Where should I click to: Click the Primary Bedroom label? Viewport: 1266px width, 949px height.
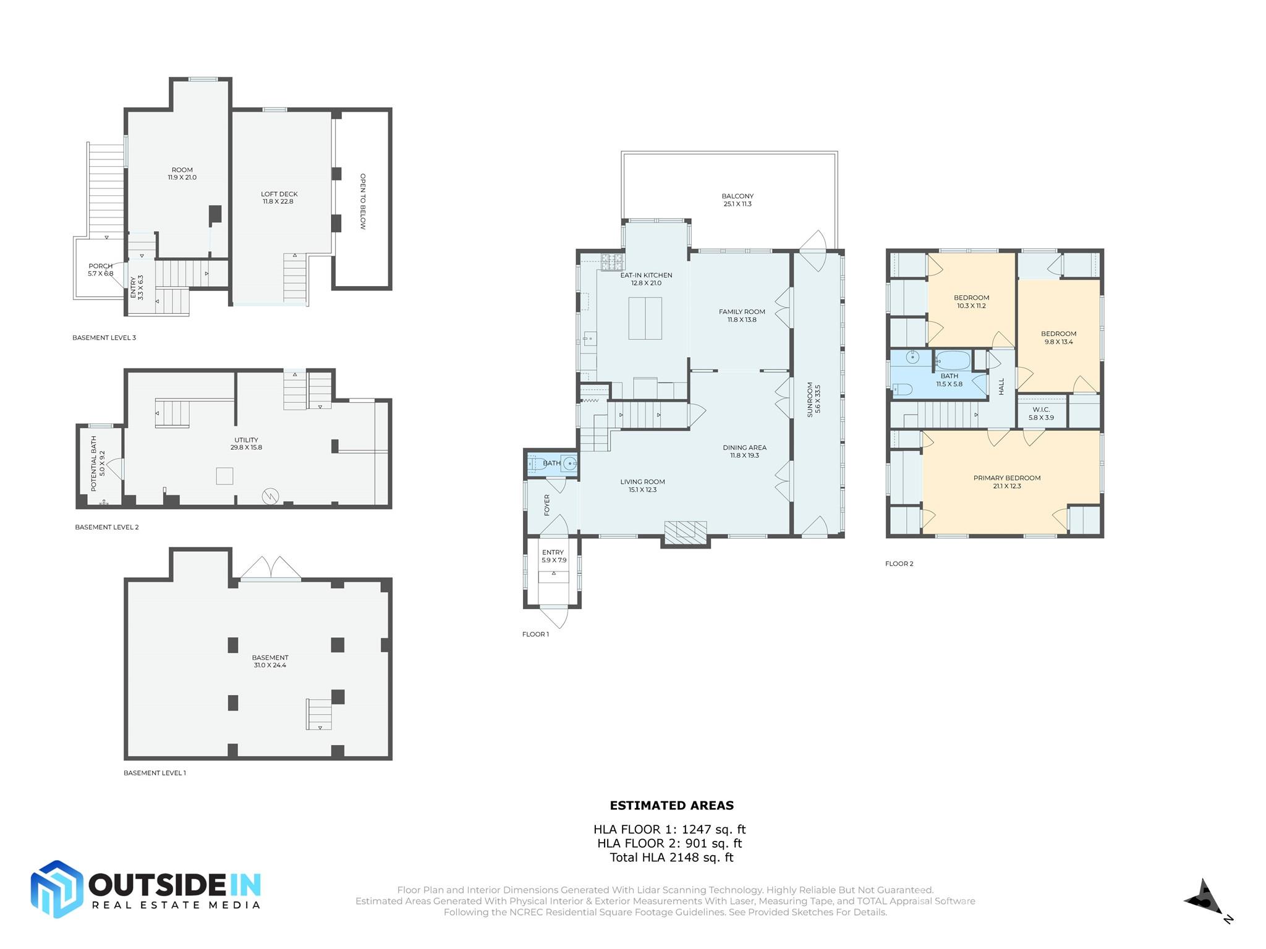[x=1006, y=482]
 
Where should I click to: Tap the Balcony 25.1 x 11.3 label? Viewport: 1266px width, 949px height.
[x=737, y=200]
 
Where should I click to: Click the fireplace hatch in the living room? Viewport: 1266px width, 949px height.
[x=685, y=530]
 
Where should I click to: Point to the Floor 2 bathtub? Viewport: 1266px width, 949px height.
[x=953, y=360]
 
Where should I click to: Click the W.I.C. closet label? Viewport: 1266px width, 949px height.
[x=1041, y=413]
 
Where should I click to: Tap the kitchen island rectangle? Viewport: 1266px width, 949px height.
[x=645, y=318]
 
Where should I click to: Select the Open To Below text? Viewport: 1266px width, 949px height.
[x=363, y=201]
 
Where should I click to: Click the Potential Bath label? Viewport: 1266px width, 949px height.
[x=98, y=463]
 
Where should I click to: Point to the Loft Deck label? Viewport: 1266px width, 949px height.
[x=279, y=198]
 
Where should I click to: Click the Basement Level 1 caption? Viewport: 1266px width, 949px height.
[x=155, y=773]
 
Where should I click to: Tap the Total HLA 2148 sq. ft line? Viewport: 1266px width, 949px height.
[x=671, y=858]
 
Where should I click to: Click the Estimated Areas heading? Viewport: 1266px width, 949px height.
[x=671, y=806]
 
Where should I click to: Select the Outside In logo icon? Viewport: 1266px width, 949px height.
[x=57, y=888]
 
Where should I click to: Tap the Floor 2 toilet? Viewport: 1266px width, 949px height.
[x=903, y=389]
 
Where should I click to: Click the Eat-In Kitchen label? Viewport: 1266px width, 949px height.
[x=646, y=279]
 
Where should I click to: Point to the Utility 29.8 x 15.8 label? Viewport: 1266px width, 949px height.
[x=246, y=444]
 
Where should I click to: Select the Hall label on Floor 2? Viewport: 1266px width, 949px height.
[x=1001, y=387]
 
